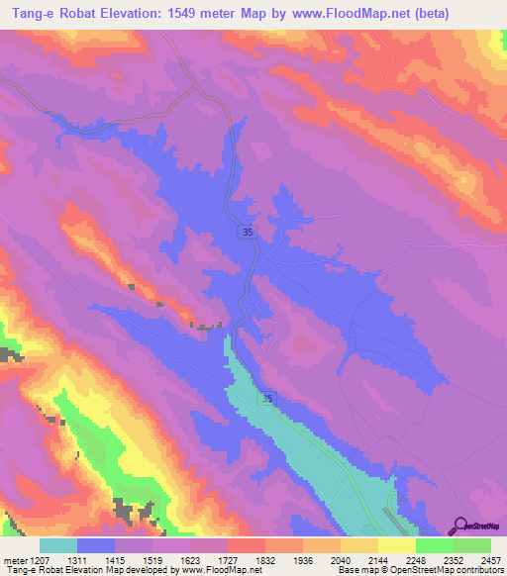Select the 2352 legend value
(451, 561)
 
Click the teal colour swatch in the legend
(58, 545)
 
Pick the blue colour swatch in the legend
(96, 545)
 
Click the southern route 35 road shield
(268, 397)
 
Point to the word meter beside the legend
(16, 561)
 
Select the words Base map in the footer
(353, 571)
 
